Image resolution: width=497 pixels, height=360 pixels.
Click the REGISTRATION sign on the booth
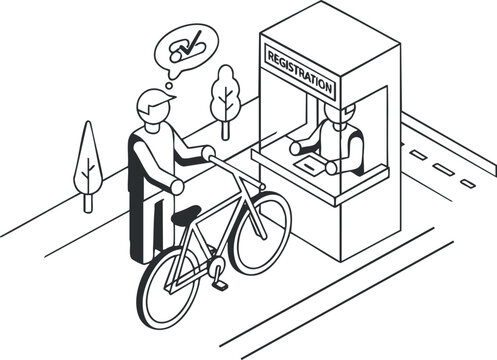click(297, 70)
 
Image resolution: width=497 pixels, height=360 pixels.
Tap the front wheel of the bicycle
click(260, 231)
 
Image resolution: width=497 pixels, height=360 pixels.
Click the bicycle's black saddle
click(186, 213)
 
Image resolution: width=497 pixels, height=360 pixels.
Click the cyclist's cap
click(153, 101)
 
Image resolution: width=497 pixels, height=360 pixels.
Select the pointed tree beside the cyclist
click(89, 160)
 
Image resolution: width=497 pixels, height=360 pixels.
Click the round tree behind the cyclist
click(226, 95)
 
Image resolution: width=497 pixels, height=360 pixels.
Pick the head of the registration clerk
click(339, 118)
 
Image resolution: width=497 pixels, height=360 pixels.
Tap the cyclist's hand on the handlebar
click(208, 153)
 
